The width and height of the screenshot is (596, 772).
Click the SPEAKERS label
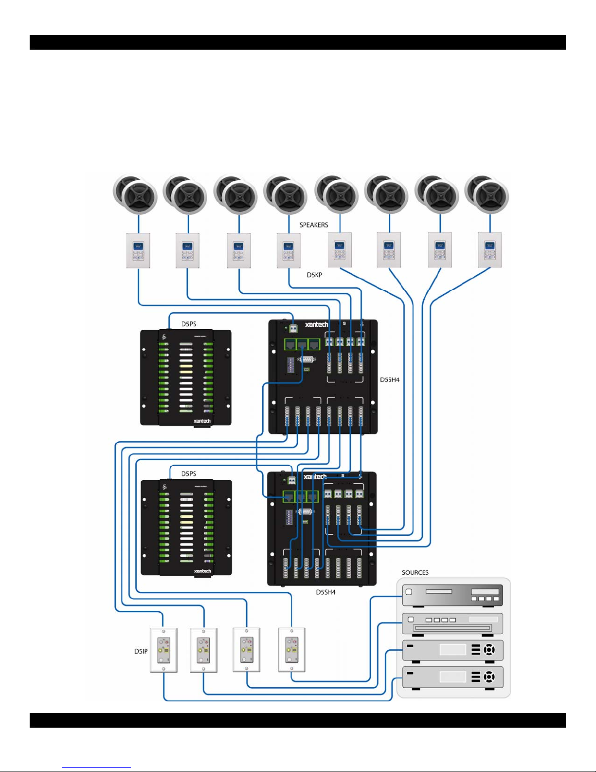[x=314, y=225]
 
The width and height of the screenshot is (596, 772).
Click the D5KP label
[x=314, y=275]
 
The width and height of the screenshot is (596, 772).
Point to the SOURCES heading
[x=415, y=572]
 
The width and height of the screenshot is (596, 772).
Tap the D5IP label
[x=141, y=651]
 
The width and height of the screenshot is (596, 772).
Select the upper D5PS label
[x=189, y=324]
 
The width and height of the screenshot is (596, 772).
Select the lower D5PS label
[x=189, y=473]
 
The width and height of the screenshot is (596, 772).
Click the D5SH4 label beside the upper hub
[x=390, y=380]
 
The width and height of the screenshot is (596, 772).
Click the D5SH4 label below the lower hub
[x=326, y=592]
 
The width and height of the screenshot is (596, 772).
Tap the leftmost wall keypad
[x=138, y=250]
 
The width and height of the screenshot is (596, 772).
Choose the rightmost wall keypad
[x=489, y=250]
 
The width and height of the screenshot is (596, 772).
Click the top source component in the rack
[x=452, y=595]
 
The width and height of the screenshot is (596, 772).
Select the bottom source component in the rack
[x=452, y=677]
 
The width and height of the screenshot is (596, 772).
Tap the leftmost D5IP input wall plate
[x=163, y=650]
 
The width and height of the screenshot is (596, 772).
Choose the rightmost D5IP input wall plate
[x=291, y=650]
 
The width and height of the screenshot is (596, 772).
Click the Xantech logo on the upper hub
[x=317, y=324]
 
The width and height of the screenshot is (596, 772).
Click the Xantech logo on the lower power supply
[x=202, y=571]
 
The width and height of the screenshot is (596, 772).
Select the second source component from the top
[x=452, y=623]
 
